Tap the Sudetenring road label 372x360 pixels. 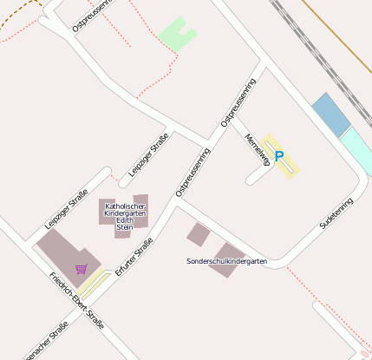(x=336, y=213)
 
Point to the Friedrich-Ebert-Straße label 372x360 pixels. (x=76, y=301)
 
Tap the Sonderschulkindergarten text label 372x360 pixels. (x=226, y=261)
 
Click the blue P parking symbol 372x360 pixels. (x=278, y=156)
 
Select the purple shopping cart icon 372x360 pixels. (x=81, y=269)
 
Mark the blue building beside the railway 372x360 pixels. (x=330, y=115)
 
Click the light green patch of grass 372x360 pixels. (x=178, y=35)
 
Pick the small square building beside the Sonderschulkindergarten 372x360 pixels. (x=199, y=234)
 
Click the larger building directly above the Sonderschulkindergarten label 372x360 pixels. (x=227, y=252)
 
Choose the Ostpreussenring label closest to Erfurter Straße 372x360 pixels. (x=192, y=172)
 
